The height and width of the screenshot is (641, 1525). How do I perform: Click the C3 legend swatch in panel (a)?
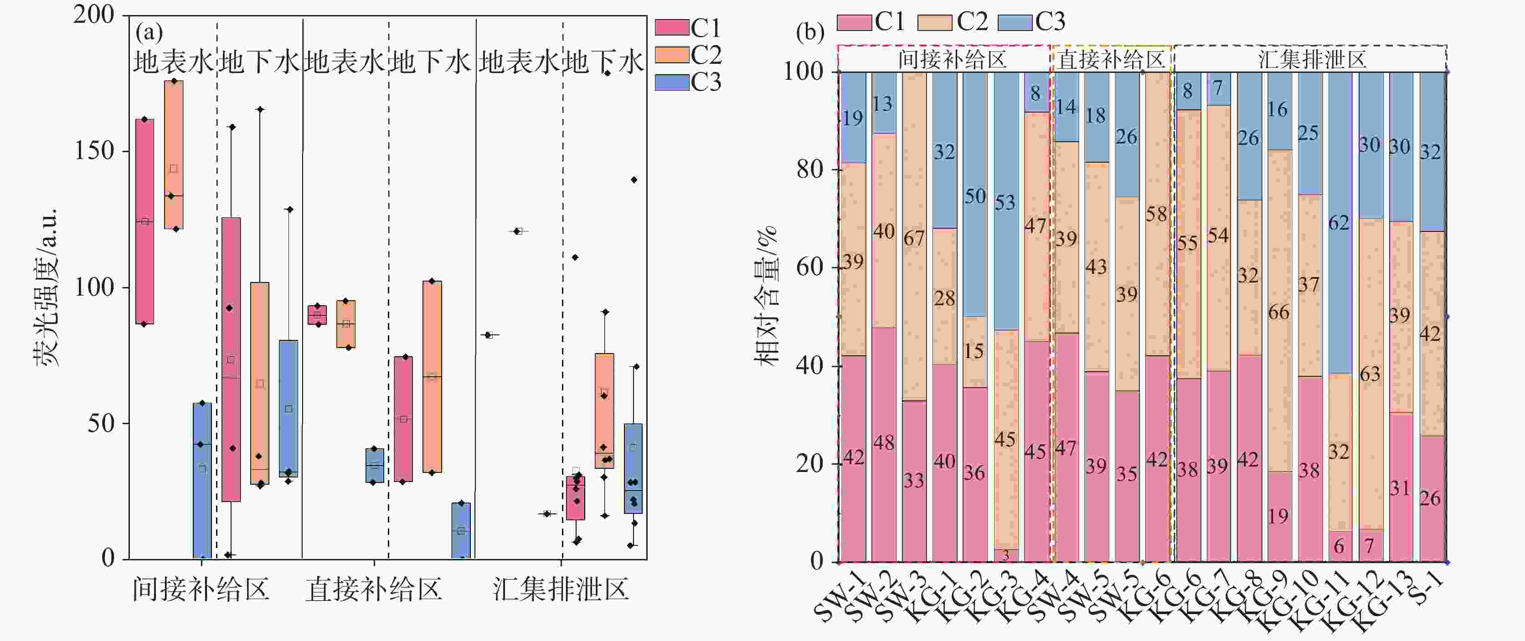(672, 82)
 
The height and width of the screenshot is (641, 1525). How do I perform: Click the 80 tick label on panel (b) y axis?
(810, 170)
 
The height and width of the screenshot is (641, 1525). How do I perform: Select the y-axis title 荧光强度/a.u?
(46, 287)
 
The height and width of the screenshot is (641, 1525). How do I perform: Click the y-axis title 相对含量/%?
(766, 296)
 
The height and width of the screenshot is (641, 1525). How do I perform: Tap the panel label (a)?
(149, 32)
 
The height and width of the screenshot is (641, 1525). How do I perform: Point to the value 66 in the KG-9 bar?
(1278, 313)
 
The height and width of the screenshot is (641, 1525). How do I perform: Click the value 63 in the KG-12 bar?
(1369, 374)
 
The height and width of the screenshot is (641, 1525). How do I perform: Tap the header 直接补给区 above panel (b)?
(1111, 60)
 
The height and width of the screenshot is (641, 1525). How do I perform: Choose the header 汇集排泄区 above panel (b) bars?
(1311, 60)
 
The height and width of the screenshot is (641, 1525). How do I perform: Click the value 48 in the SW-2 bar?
(883, 443)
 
